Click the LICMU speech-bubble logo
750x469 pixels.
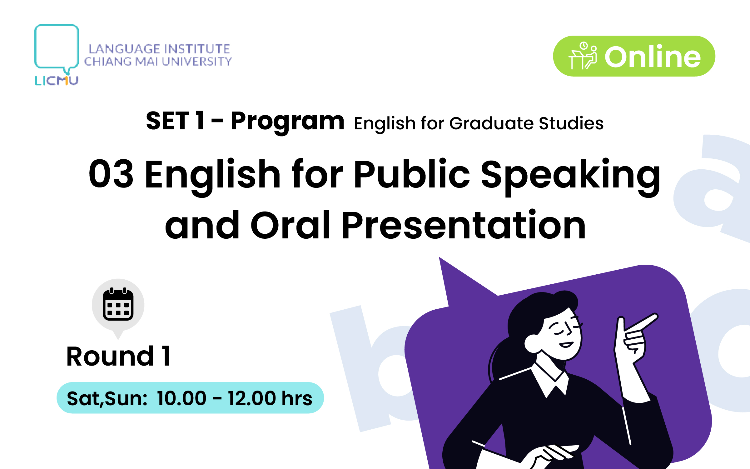click(x=56, y=55)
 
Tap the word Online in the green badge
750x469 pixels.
click(x=653, y=57)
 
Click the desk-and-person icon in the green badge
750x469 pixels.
click(x=582, y=56)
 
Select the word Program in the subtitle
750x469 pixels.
click(x=287, y=122)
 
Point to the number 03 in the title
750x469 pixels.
click(x=111, y=174)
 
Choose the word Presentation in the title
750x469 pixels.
click(x=464, y=225)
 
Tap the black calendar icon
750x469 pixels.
click(x=118, y=304)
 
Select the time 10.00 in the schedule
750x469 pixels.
click(x=181, y=398)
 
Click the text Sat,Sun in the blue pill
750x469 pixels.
click(x=107, y=399)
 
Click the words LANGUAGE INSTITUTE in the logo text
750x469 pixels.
click(x=159, y=49)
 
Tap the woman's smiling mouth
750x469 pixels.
click(x=566, y=345)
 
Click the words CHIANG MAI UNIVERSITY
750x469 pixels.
click(x=158, y=62)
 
